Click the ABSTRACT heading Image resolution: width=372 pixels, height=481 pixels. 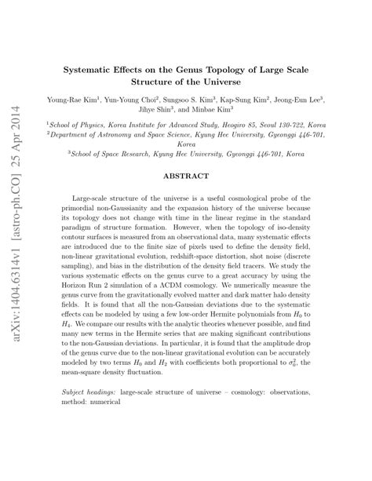[x=185, y=176]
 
